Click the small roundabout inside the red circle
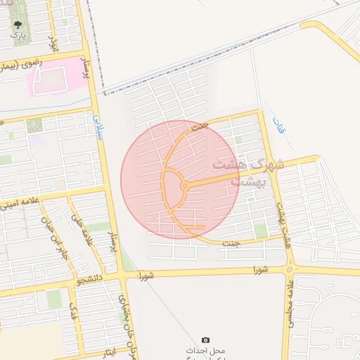(184, 186)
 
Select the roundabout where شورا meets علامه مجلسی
(289, 269)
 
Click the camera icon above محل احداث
(205, 340)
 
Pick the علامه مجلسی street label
(289, 303)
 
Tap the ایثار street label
(98, 352)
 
